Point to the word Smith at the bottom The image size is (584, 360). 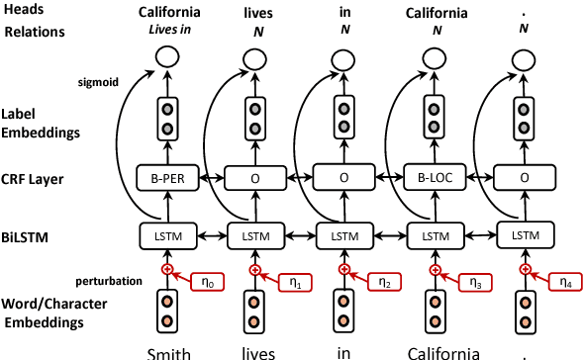[167, 351]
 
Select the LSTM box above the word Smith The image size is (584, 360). [168, 237]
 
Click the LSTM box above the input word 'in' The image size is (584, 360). [344, 237]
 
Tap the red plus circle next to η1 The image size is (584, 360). [256, 269]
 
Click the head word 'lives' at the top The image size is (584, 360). [256, 12]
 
